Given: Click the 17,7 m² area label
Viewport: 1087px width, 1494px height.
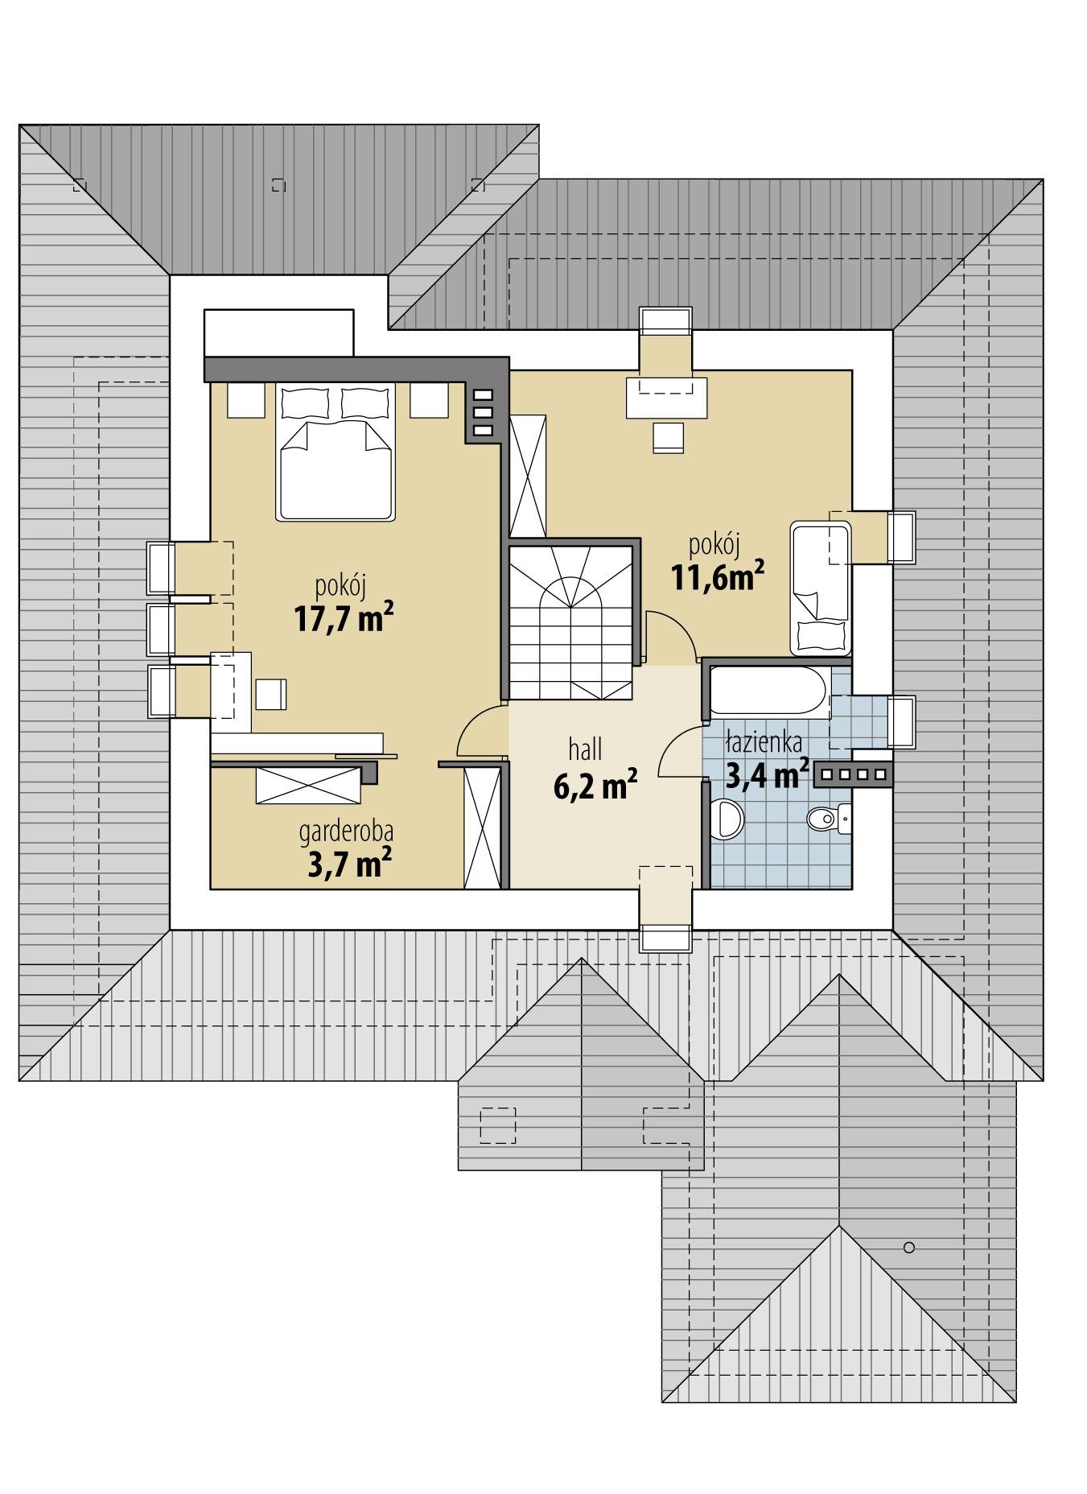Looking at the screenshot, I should tap(343, 618).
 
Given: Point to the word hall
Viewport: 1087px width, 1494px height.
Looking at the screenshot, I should tap(586, 751).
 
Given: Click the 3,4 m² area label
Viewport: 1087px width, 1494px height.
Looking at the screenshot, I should tap(767, 774).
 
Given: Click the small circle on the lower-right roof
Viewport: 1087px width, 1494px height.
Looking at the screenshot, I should tap(909, 1248).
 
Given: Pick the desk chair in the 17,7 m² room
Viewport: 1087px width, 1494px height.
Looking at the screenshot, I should tap(270, 694).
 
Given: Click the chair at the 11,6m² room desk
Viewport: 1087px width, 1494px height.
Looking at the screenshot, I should tap(668, 436).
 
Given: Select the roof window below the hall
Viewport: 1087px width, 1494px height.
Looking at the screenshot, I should tap(665, 938).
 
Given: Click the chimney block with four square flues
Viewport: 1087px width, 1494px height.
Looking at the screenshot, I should tap(853, 774).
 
